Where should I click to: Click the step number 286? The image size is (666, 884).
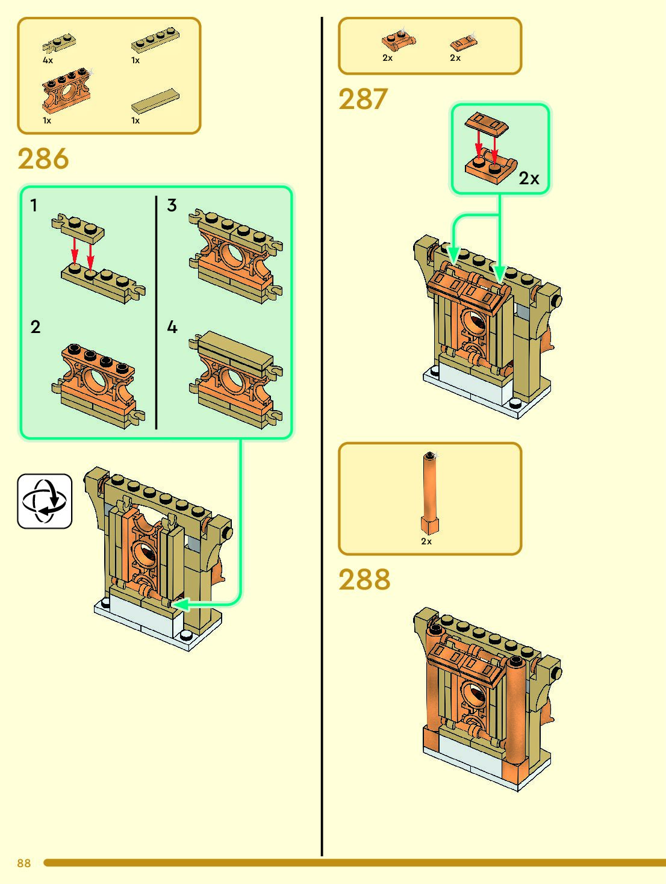(x=43, y=160)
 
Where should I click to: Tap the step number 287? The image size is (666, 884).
(x=363, y=100)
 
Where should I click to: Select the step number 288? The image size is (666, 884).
(x=364, y=580)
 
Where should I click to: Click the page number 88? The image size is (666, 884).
(x=24, y=863)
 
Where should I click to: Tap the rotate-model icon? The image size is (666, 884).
(x=45, y=501)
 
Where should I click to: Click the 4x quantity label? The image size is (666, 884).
(x=48, y=60)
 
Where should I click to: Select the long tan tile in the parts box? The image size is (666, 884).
(x=155, y=101)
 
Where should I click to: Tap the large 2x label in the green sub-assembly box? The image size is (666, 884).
(x=529, y=178)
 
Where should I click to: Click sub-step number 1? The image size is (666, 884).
(x=34, y=206)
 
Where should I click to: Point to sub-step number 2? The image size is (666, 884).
(x=36, y=327)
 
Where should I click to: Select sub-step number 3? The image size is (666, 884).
(x=172, y=205)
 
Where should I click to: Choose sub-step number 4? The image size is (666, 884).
(x=172, y=328)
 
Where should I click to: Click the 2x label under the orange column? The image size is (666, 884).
(x=426, y=541)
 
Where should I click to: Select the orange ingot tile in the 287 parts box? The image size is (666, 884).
(x=463, y=42)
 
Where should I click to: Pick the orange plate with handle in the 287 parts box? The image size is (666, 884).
(x=397, y=41)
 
